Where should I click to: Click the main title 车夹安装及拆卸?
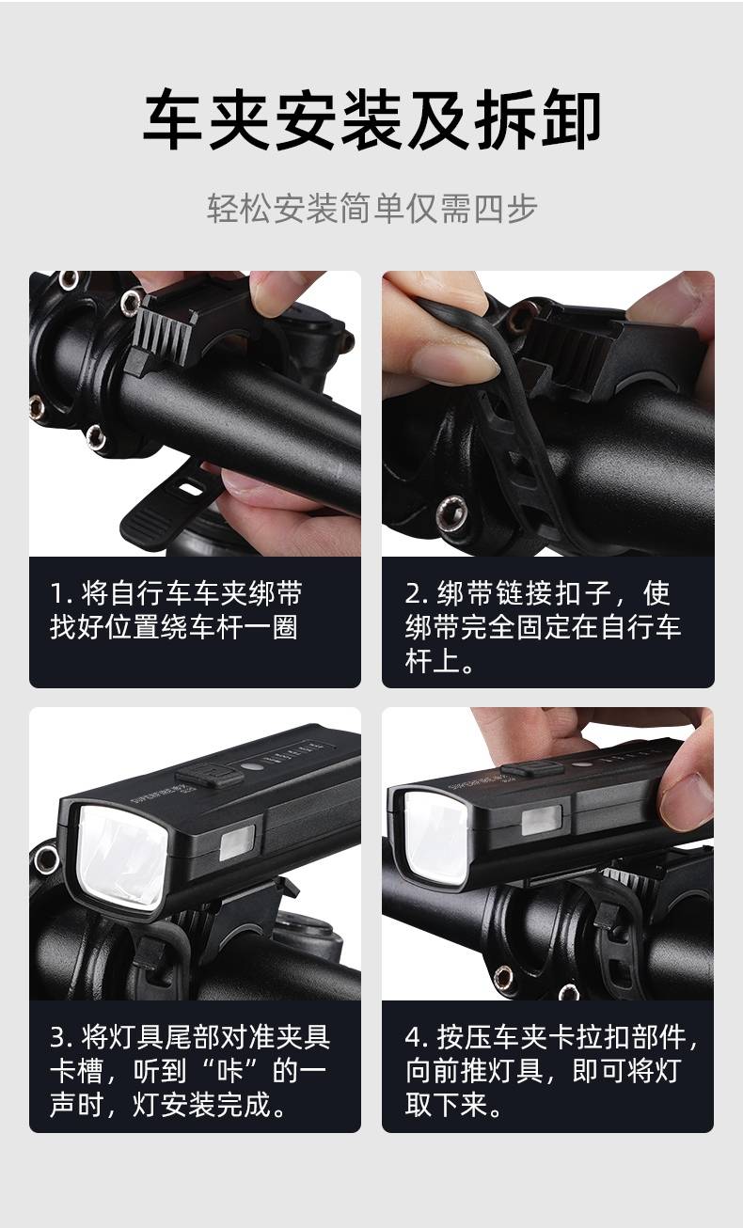coord(371,119)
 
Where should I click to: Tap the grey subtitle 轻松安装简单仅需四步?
coord(371,209)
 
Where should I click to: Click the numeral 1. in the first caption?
coord(61,593)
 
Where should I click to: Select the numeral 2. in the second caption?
coord(417,593)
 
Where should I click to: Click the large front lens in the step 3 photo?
coord(121,857)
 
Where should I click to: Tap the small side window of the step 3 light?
coord(237,843)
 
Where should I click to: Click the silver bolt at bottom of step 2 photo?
coord(451,512)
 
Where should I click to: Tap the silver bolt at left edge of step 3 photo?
coord(44,859)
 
